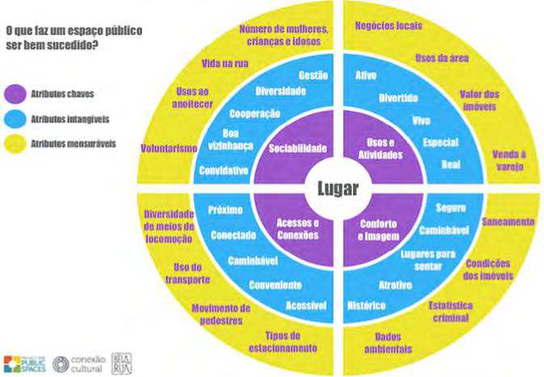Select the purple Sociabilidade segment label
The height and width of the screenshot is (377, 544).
coord(297,149)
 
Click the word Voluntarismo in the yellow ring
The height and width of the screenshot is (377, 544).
coord(169,149)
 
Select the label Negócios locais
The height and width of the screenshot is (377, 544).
coord(389,26)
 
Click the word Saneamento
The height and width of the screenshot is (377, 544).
coord(508,221)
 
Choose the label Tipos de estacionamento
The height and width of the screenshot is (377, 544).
coord(288,342)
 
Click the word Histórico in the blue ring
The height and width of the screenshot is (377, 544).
coord(366,305)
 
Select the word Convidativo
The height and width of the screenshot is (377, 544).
coord(222,171)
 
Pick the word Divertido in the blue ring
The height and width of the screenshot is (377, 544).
coord(399,97)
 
